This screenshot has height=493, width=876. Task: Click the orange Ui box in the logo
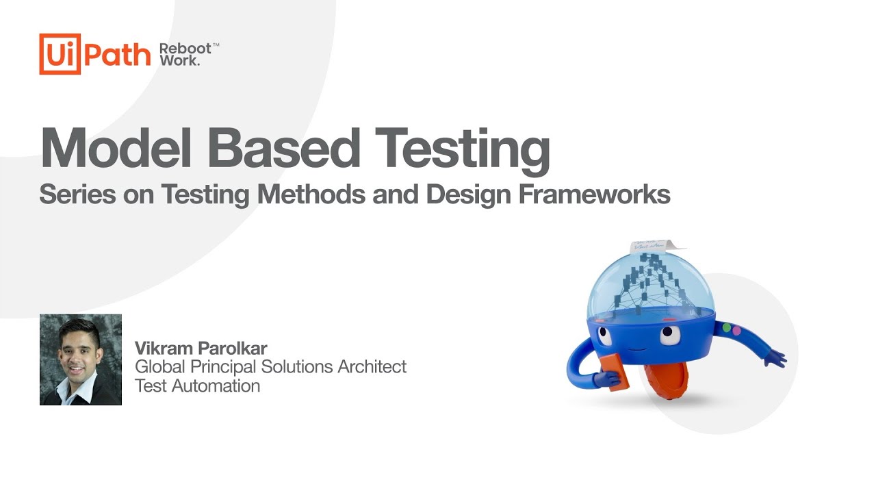60,54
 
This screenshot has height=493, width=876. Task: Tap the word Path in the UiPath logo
117,55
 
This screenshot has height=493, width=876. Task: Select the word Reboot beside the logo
185,49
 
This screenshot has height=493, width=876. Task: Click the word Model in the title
116,148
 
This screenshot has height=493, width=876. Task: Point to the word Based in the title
283,148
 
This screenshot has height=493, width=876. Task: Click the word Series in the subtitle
77,194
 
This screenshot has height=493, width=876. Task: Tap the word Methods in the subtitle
311,194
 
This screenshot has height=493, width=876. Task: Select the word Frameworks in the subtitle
595,194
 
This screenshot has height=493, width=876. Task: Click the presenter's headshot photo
81,359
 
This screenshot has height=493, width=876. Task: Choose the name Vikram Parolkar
201,349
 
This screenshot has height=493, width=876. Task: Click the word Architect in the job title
372,367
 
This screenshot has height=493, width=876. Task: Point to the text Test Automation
198,386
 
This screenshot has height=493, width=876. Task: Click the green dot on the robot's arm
727,328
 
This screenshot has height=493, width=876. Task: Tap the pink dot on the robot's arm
736,331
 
